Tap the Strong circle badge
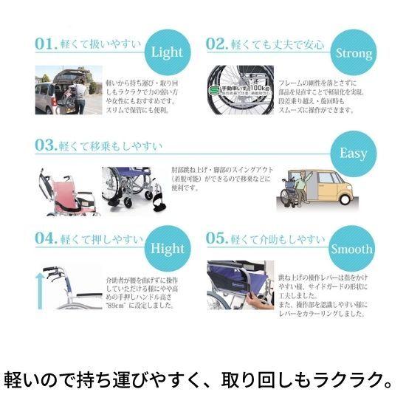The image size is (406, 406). click(353, 52)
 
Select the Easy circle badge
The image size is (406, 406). click(353, 154)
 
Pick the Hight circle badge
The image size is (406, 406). click(167, 249)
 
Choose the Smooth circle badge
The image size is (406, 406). click(352, 249)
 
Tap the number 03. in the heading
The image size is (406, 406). click(46, 145)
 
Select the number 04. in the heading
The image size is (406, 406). click(46, 240)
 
